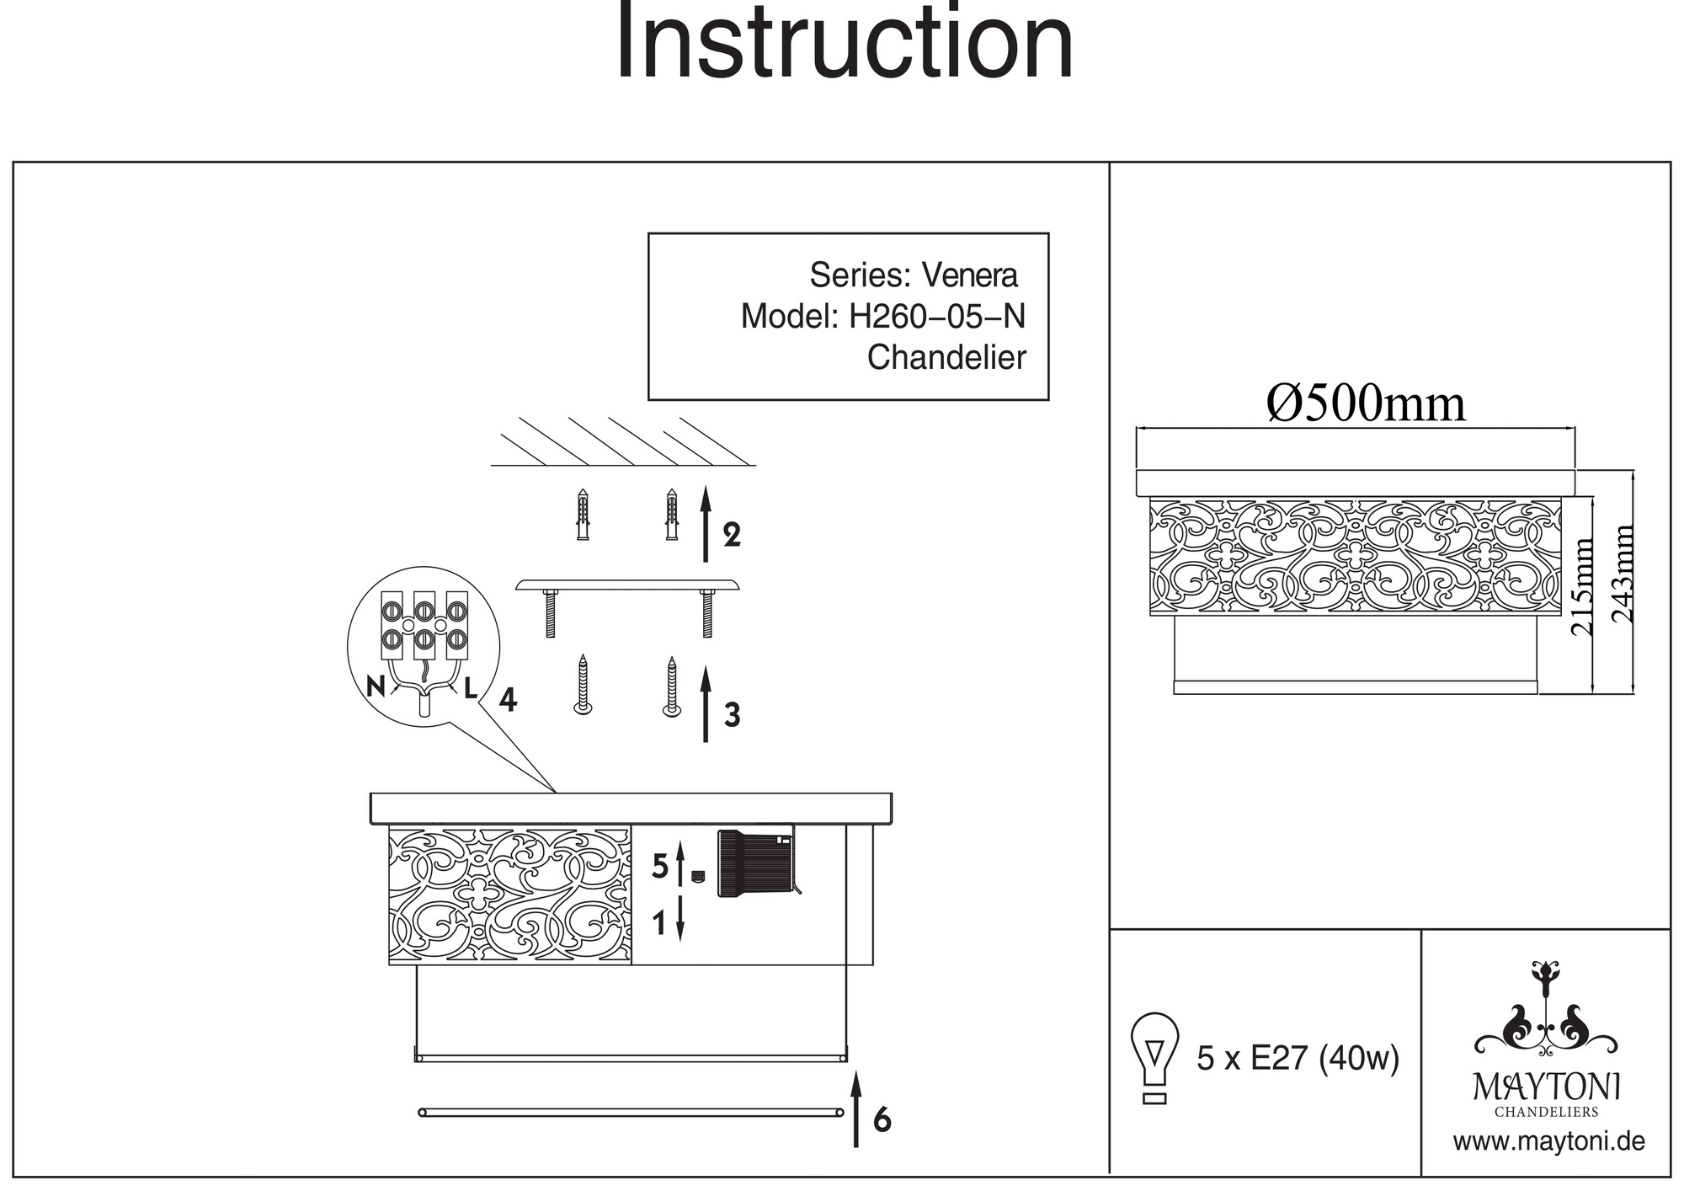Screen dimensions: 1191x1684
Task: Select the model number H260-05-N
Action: coord(936,317)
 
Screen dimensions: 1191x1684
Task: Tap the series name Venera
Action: coord(969,275)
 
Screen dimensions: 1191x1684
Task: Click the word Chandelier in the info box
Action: coord(946,358)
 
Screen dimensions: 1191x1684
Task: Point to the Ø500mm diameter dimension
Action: coord(1365,404)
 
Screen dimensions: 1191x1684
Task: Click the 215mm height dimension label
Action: coord(1584,587)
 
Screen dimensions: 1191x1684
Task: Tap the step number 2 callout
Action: coord(732,535)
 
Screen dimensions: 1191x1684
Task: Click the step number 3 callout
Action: coord(732,715)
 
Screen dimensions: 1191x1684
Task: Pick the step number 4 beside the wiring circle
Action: coord(507,699)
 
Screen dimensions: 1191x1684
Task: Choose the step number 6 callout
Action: coord(882,1120)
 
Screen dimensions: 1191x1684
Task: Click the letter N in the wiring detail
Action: coord(376,687)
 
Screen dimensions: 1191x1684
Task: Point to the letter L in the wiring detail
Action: coord(471,688)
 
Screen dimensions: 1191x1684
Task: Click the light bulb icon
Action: coord(1154,1057)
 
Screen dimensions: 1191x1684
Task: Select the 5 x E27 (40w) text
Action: coord(1298,1058)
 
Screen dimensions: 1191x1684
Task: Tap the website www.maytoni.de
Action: coord(1548,1142)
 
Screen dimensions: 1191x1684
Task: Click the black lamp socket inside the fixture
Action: coord(754,863)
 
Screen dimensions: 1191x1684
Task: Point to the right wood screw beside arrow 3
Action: coord(671,687)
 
